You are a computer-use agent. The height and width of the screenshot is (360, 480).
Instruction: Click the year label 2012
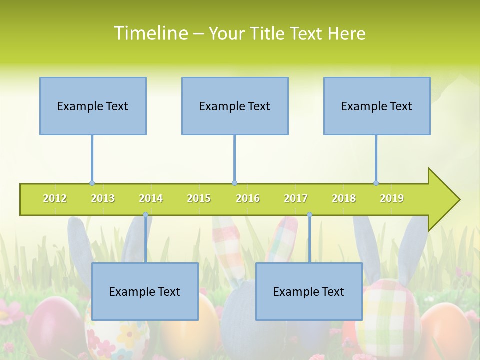pyautogui.click(x=55, y=198)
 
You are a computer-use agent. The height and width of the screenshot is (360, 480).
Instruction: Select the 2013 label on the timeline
pyautogui.click(x=103, y=198)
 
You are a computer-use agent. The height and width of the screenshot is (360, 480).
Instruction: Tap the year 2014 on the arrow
pyautogui.click(x=151, y=198)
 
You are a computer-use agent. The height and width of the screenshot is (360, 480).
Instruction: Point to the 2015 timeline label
pyautogui.click(x=199, y=198)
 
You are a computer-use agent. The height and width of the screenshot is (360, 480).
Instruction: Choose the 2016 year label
pyautogui.click(x=248, y=198)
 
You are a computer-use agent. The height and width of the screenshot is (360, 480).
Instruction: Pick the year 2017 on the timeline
pyautogui.click(x=296, y=198)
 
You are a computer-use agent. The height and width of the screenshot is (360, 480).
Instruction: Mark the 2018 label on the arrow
pyautogui.click(x=344, y=198)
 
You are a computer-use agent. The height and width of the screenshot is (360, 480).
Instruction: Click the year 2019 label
pyautogui.click(x=392, y=198)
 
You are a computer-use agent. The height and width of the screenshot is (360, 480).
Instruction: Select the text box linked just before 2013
pyautogui.click(x=93, y=106)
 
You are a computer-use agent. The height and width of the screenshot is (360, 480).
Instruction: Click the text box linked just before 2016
pyautogui.click(x=235, y=106)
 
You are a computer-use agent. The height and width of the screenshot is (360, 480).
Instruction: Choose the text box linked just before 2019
pyautogui.click(x=377, y=106)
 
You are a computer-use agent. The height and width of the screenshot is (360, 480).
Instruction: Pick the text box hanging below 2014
pyautogui.click(x=145, y=291)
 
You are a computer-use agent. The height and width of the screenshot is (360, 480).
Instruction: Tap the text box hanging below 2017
pyautogui.click(x=309, y=291)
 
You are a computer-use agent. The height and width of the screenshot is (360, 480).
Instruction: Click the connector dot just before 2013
pyautogui.click(x=92, y=183)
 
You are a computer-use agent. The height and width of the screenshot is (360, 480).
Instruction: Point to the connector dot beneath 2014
pyautogui.click(x=145, y=215)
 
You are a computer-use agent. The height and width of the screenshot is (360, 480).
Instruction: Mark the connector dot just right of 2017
pyautogui.click(x=309, y=215)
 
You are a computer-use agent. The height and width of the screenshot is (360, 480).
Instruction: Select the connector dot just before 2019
pyautogui.click(x=376, y=183)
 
